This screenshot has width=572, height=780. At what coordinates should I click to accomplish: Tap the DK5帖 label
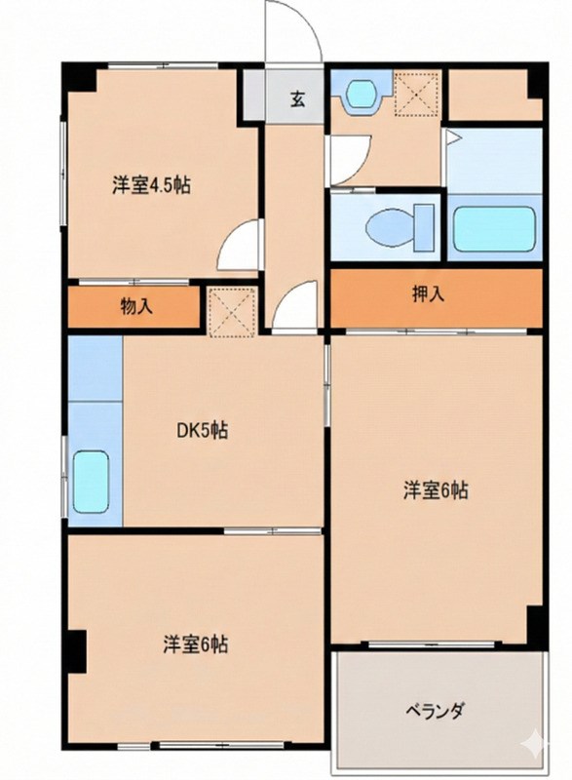[x=202, y=430]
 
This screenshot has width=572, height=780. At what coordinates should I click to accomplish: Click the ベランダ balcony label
[x=435, y=710]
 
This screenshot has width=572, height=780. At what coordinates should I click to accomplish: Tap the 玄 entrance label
[x=295, y=97]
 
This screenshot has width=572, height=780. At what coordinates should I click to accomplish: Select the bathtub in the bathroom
[x=493, y=227]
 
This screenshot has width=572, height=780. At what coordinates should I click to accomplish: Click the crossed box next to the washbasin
[x=414, y=95]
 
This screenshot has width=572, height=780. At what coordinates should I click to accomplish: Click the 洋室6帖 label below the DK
[x=195, y=644]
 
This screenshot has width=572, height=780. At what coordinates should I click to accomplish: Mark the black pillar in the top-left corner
[x=78, y=78]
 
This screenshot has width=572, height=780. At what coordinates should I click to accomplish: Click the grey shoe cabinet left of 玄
[x=253, y=97]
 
